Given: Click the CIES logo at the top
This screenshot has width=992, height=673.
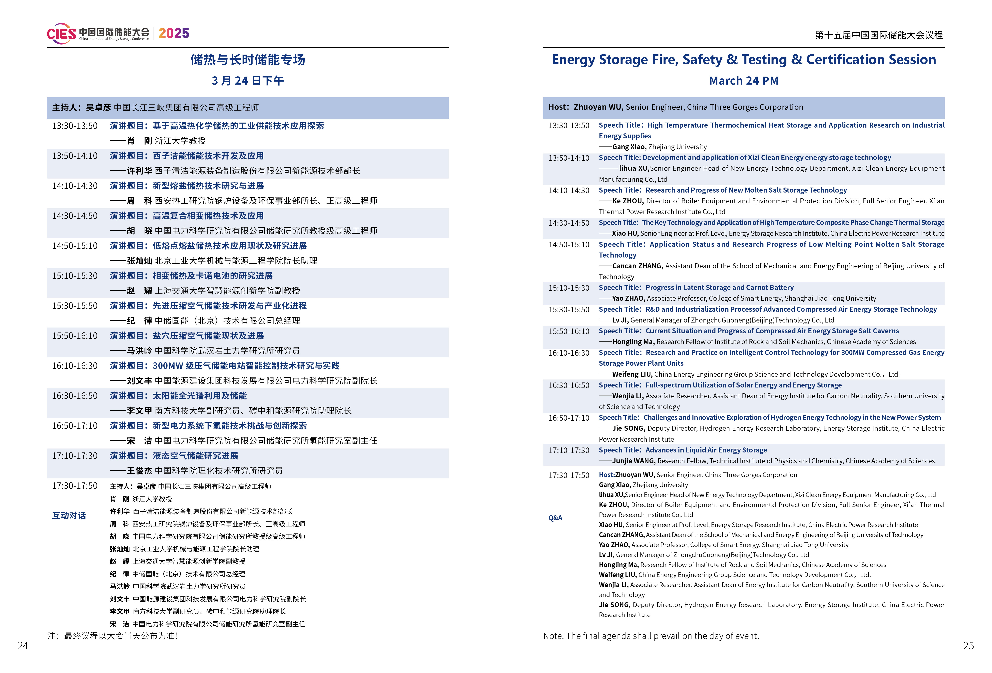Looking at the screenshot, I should click(x=62, y=33).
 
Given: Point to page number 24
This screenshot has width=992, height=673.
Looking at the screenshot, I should click(x=23, y=645).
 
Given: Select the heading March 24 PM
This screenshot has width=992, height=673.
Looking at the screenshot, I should click(x=744, y=81).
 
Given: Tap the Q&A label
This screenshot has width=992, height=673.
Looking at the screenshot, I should click(x=555, y=518).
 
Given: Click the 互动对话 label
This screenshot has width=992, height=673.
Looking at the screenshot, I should click(x=69, y=515).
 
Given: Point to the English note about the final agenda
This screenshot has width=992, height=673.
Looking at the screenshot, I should click(x=651, y=635).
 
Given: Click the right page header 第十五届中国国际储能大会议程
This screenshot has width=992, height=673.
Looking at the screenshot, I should click(x=878, y=35).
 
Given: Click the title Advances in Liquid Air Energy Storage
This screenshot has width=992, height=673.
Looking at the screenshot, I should click(x=706, y=450).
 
